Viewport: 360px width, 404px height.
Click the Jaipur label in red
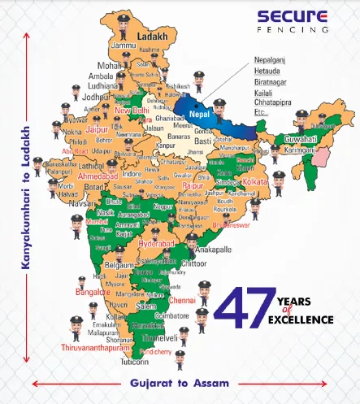coord(97,128)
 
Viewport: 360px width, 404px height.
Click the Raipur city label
coord(194,186)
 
